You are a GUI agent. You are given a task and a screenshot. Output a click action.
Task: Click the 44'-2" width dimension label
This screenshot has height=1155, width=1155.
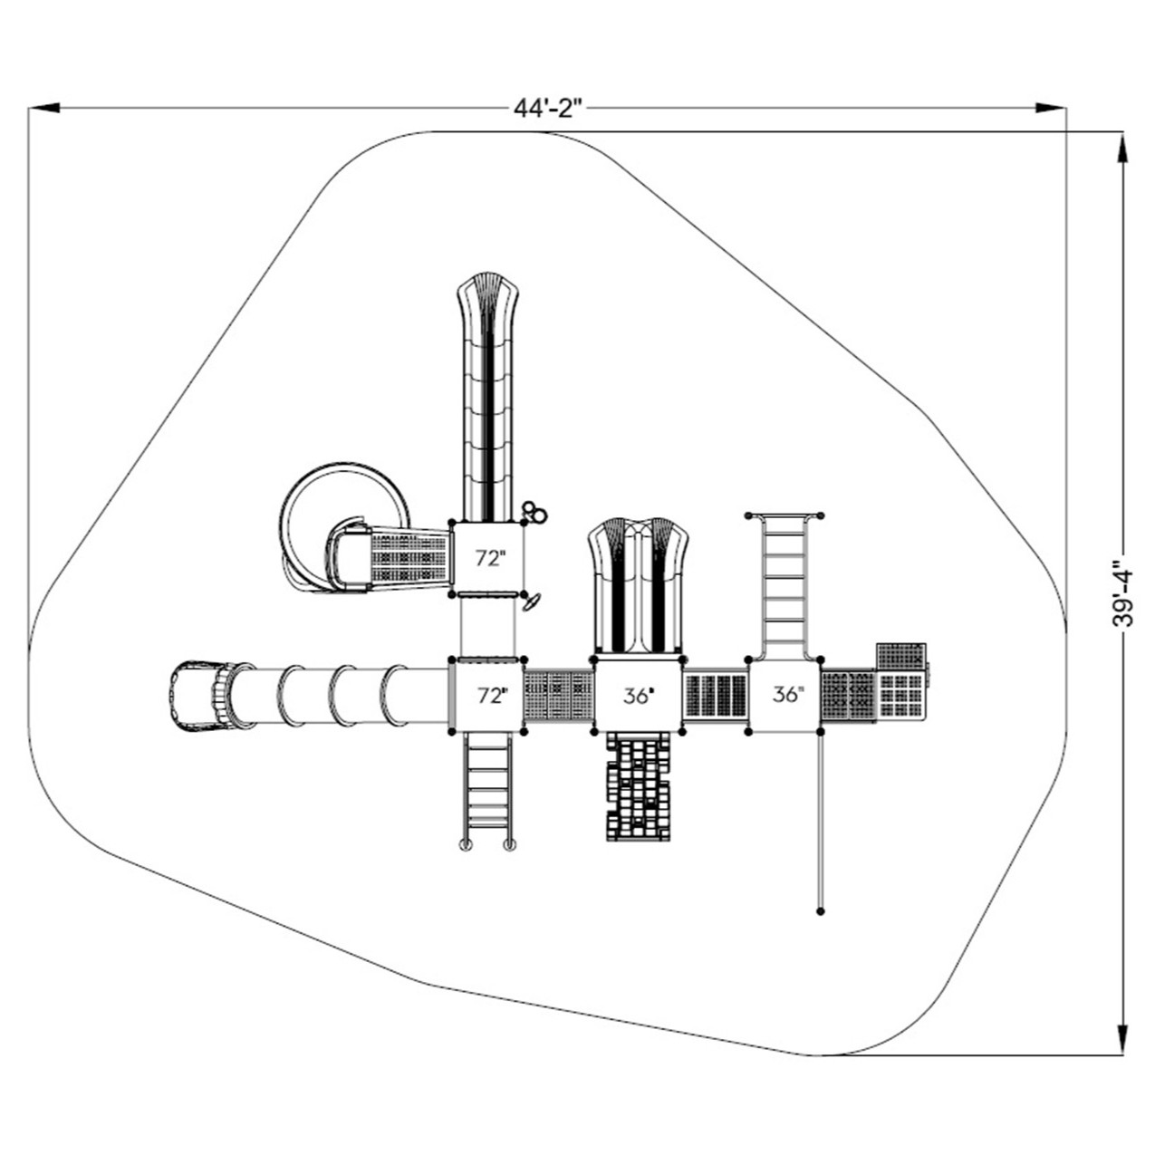[547, 108]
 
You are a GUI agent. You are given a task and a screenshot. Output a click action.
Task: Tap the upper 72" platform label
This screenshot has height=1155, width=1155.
[488, 559]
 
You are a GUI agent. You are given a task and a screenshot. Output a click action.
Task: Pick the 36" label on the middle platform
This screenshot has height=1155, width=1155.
[638, 696]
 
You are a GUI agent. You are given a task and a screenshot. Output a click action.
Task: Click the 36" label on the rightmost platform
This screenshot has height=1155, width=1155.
[786, 695]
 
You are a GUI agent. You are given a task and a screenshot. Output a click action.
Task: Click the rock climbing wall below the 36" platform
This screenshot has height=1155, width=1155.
[639, 786]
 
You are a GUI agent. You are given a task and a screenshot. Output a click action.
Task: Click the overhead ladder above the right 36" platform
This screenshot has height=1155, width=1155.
[784, 584]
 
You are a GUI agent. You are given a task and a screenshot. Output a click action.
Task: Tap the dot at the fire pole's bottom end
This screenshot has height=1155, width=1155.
[821, 911]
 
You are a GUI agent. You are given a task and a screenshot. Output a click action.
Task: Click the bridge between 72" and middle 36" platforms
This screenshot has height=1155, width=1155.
[559, 696]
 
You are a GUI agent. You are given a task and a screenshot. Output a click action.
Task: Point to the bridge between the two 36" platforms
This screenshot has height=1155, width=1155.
[715, 696]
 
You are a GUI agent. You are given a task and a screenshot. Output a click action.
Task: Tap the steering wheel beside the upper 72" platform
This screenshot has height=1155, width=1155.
[532, 601]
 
